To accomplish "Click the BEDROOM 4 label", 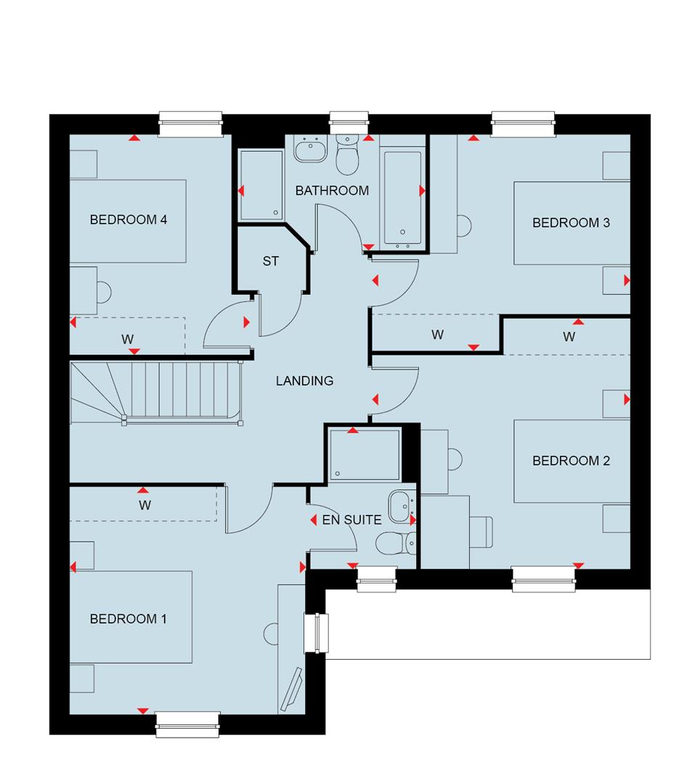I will (129, 219).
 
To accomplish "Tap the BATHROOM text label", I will (332, 191).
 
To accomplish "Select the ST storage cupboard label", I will (270, 261).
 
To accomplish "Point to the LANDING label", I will (304, 380).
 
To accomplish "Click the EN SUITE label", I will (351, 520).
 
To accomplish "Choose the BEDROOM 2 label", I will (571, 461).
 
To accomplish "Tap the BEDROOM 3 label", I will (571, 223).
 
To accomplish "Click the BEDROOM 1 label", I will (129, 619).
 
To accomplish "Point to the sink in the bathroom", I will (311, 151).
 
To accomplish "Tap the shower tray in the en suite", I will (365, 454).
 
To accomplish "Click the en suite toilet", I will (395, 542).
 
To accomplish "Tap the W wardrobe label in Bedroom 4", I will (128, 338).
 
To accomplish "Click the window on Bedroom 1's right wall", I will (316, 634).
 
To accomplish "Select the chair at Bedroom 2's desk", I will (480, 534).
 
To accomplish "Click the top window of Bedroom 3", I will (524, 123).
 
